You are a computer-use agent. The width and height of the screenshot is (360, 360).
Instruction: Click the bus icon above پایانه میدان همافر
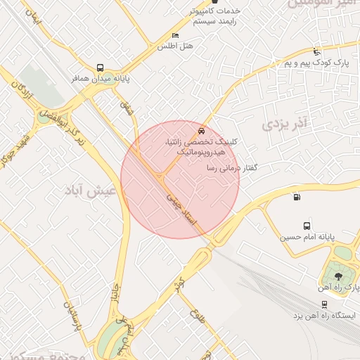coord(100,68)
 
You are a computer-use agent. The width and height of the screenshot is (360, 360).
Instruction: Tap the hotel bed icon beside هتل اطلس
coord(175,36)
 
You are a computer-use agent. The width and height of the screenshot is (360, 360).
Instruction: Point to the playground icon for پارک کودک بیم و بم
coord(316,51)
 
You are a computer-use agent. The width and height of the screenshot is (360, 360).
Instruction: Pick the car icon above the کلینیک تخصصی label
coord(202,131)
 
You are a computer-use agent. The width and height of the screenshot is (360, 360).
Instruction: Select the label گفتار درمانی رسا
coord(231,169)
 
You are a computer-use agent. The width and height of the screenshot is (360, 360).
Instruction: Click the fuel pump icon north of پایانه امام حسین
coord(296,197)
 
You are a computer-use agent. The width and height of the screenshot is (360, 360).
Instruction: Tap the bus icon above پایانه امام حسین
coord(307,226)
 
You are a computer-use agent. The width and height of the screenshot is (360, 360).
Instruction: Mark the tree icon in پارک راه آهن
coord(339,276)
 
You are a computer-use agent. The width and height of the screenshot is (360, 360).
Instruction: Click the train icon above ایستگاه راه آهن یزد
coord(323,304)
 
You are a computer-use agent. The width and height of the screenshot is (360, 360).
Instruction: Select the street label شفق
coord(126,108)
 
